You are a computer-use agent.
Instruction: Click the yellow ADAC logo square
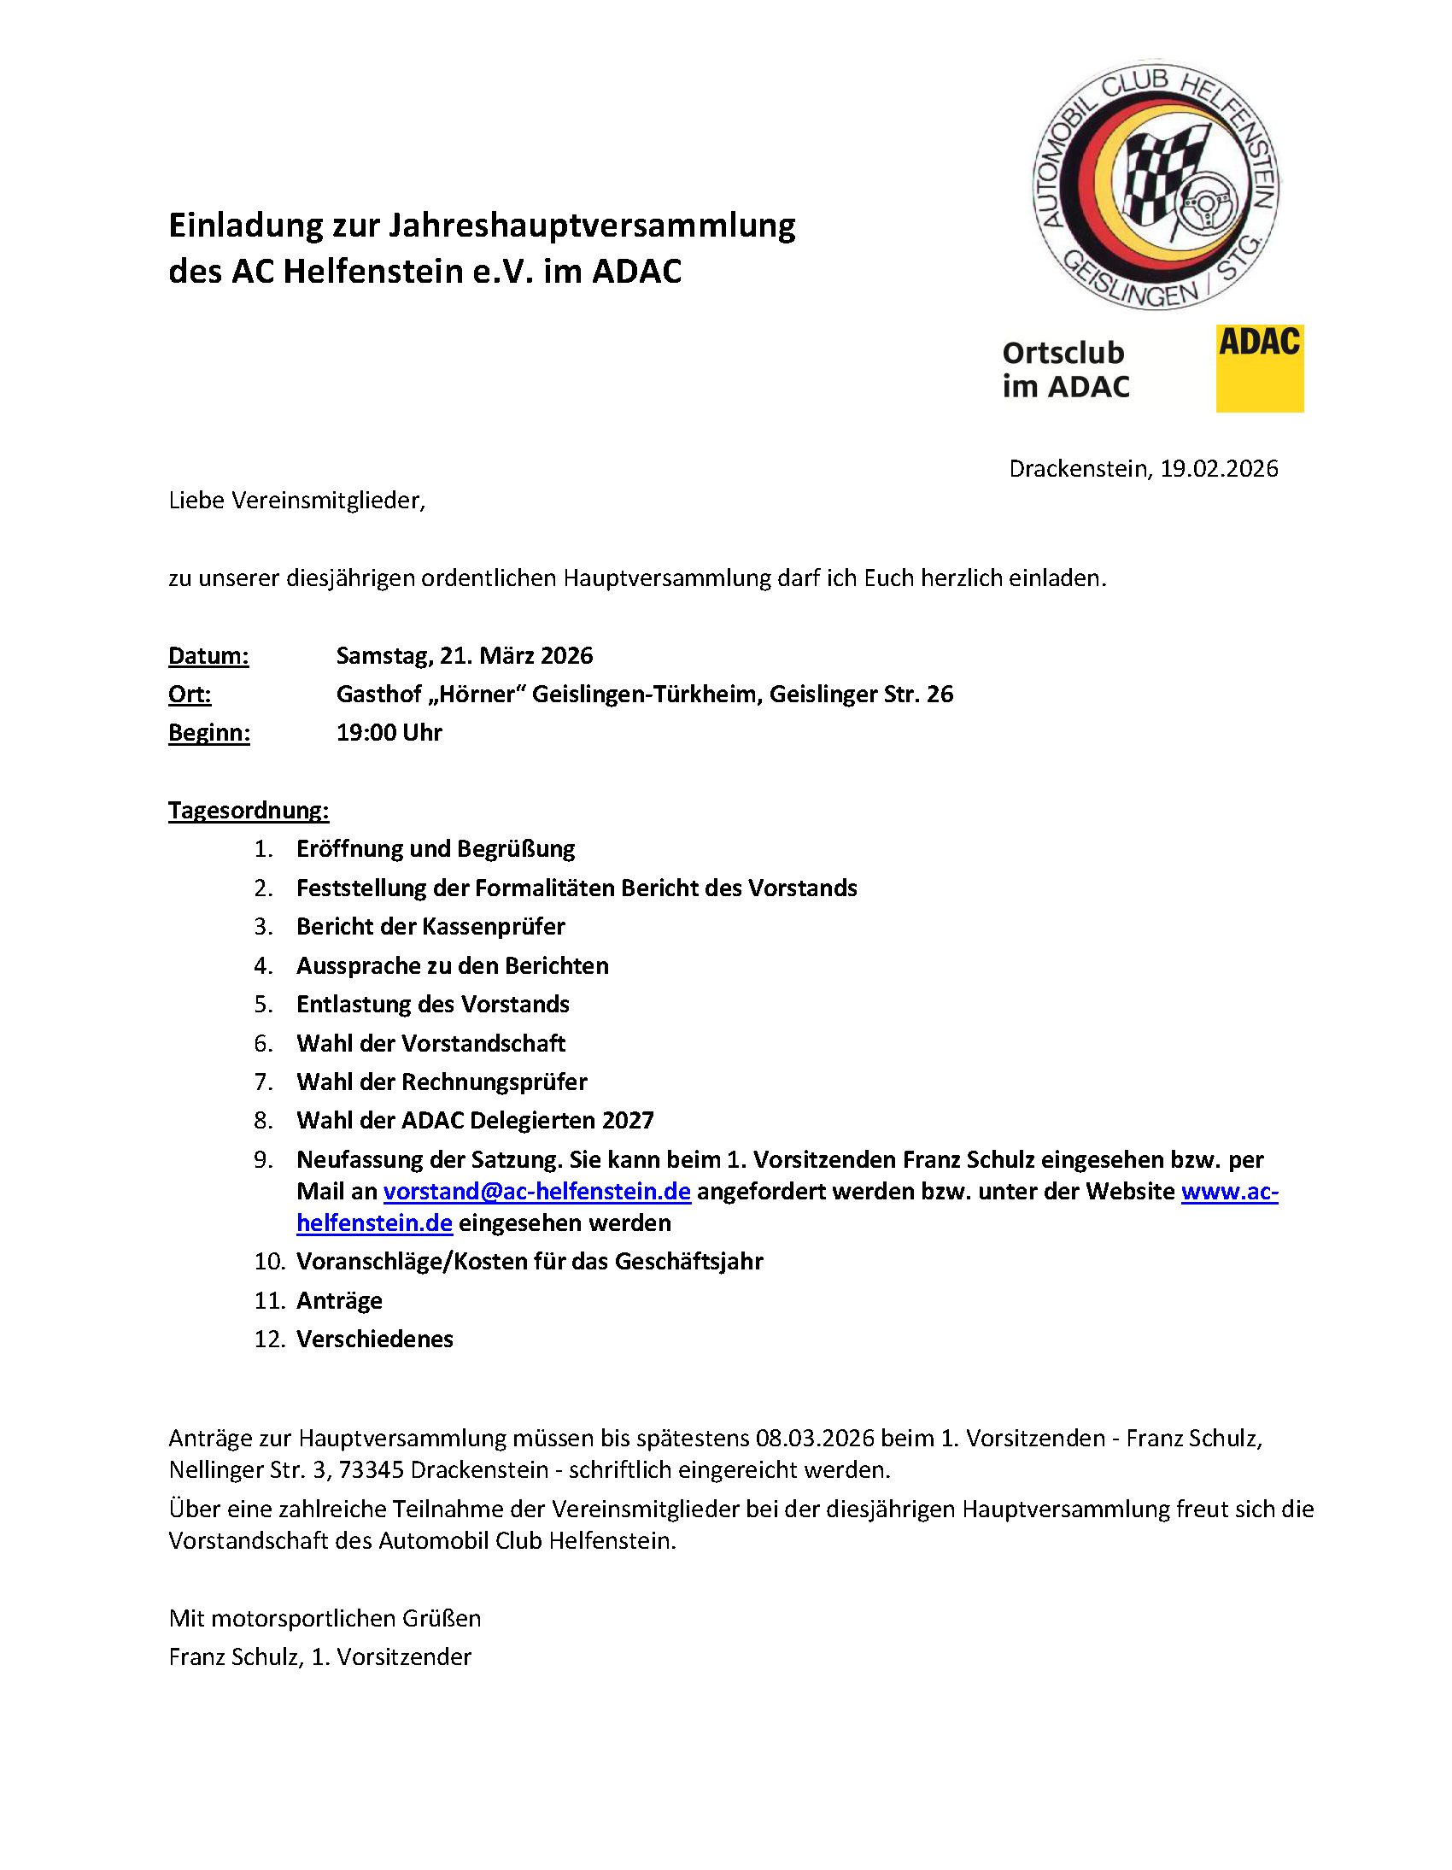(x=1258, y=368)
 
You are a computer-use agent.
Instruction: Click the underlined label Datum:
(x=208, y=656)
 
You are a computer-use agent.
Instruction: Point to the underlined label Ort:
(x=190, y=695)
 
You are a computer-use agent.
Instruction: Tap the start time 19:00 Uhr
(x=389, y=733)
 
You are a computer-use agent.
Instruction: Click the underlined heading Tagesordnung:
(x=249, y=811)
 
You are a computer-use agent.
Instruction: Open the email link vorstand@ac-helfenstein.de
(x=536, y=1192)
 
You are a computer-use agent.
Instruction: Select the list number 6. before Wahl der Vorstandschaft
(x=263, y=1044)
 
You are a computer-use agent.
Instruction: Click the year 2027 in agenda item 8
(x=628, y=1121)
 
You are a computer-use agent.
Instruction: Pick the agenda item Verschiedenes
(x=374, y=1339)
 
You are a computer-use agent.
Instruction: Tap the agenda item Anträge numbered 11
(x=339, y=1300)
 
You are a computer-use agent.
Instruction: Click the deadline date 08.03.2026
(x=814, y=1439)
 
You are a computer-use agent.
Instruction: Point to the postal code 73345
(x=371, y=1470)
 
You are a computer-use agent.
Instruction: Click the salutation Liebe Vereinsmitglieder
(x=296, y=501)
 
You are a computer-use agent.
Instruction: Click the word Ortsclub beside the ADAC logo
(x=1063, y=353)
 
